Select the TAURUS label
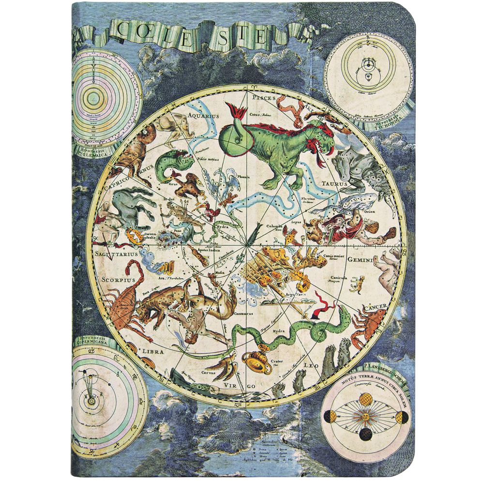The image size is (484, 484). point(334,184)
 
